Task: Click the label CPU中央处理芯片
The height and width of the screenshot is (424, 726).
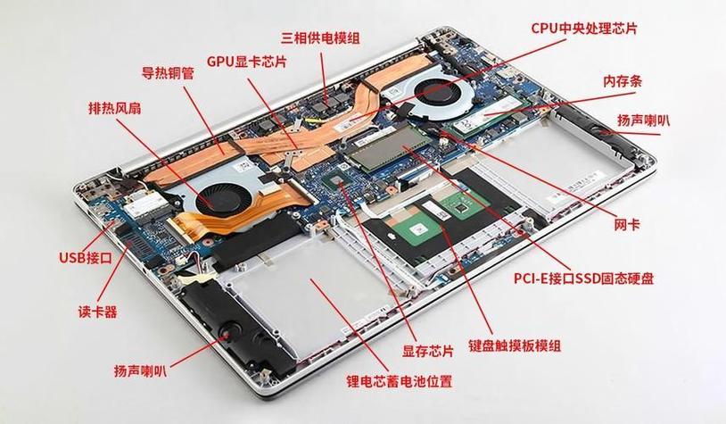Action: tap(584, 29)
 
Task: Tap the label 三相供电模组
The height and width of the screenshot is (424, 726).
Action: tap(320, 37)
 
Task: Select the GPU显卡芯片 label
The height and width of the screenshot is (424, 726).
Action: tap(246, 62)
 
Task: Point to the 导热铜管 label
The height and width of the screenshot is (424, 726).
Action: tap(168, 73)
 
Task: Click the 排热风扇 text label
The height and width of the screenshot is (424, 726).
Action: tap(115, 108)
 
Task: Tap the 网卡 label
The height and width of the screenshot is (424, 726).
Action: tap(627, 225)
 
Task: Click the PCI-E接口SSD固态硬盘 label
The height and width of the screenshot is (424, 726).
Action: tap(583, 279)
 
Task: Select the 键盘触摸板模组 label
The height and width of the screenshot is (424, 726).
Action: tap(515, 345)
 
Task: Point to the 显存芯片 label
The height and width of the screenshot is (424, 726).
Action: tap(427, 351)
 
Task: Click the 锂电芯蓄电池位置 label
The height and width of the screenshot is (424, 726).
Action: tap(399, 381)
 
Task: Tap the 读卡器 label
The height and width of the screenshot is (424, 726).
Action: tap(97, 312)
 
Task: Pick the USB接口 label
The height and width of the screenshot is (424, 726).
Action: tap(86, 257)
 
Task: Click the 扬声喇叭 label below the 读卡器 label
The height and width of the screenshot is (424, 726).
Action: tap(140, 370)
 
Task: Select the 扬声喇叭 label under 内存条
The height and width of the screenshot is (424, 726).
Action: tap(643, 121)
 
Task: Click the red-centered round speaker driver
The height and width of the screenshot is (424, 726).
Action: tap(227, 333)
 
